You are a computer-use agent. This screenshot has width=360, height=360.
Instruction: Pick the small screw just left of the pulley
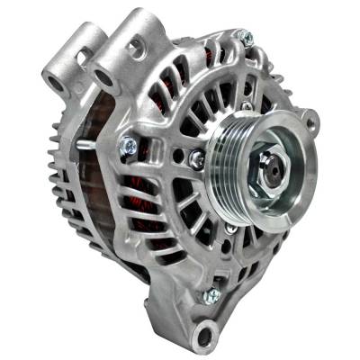197,159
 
